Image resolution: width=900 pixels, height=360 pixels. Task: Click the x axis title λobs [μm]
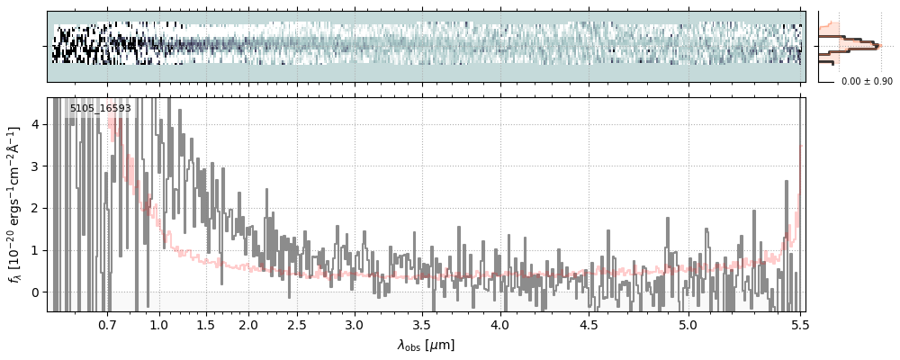[426, 345]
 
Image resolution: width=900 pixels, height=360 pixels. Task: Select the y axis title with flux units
[15, 204]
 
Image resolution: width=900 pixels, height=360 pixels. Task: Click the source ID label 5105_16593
[100, 109]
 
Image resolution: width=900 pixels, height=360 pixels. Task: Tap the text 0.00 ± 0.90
[867, 82]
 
